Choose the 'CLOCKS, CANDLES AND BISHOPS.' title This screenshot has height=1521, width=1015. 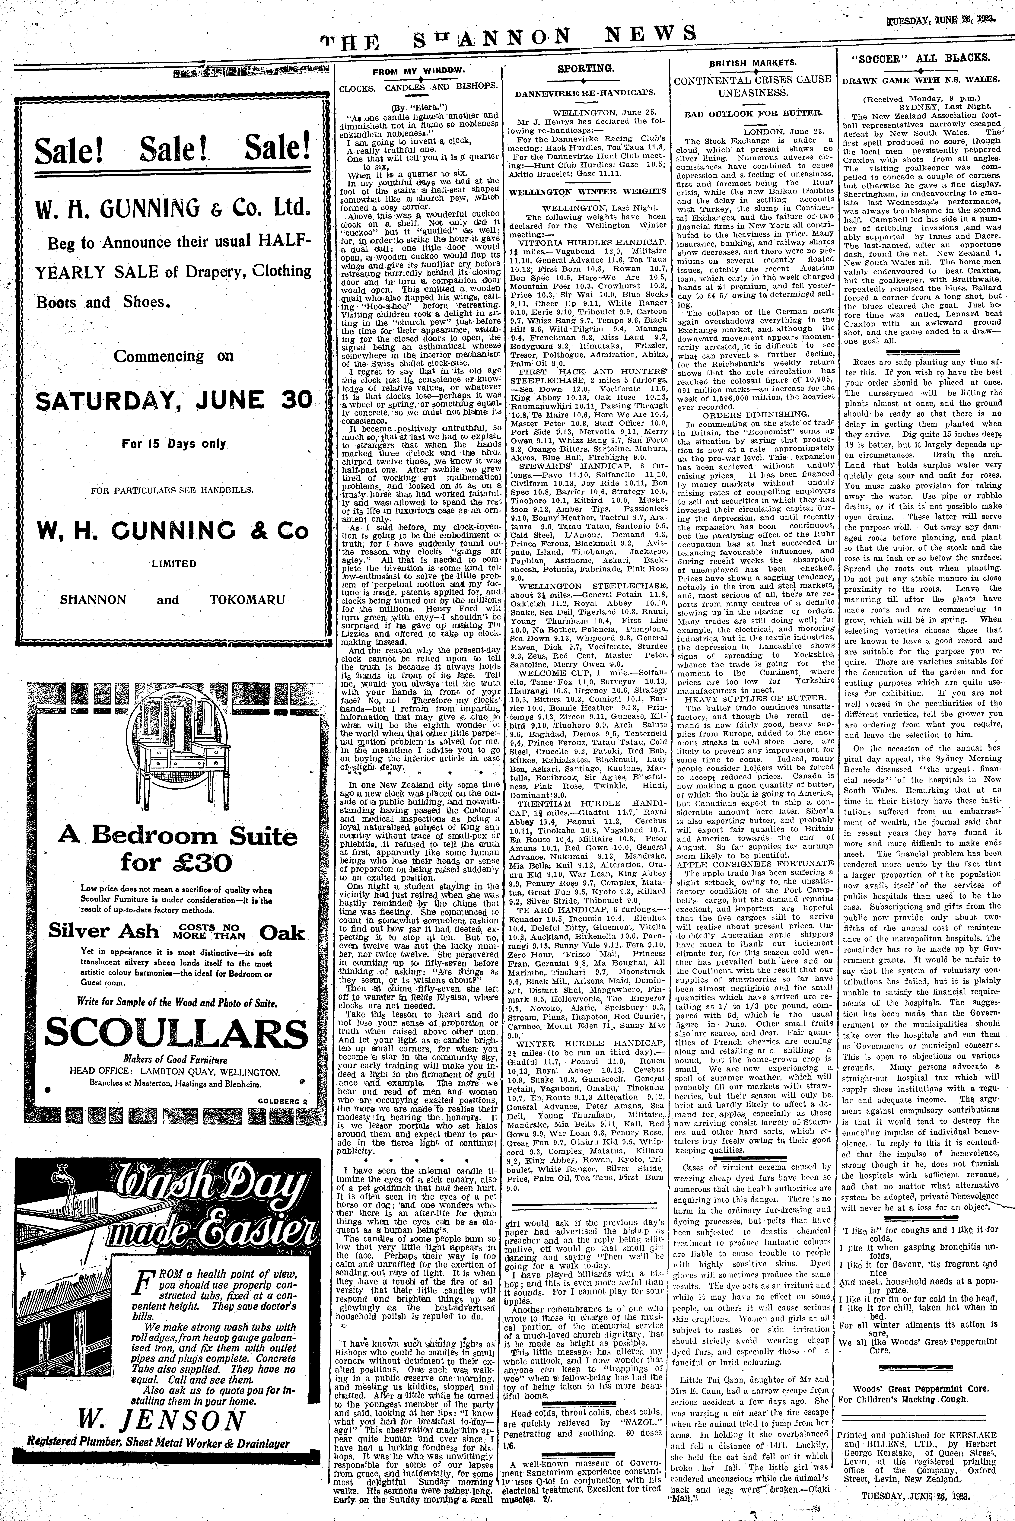pos(419,85)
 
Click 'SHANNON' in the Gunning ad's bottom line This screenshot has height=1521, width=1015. pos(93,600)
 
